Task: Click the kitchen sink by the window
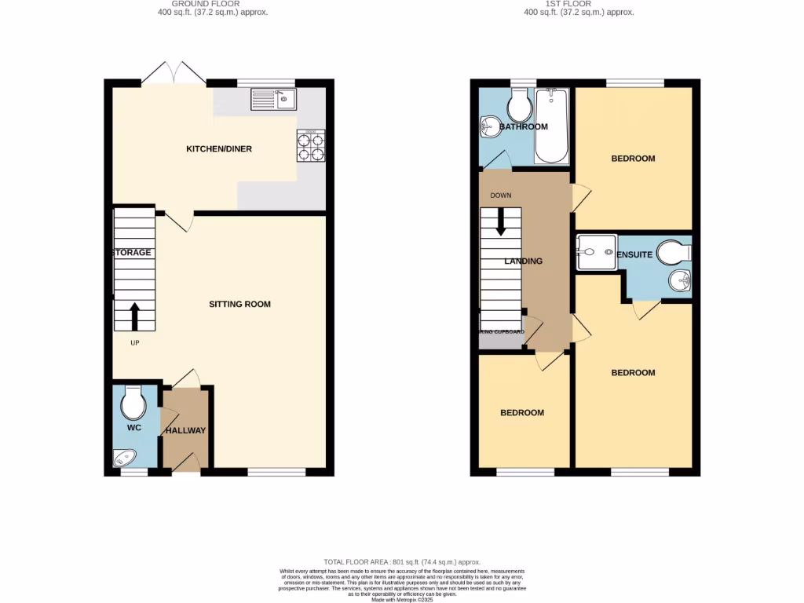tap(272, 100)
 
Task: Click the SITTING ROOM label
tap(239, 304)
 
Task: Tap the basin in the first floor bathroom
tap(489, 126)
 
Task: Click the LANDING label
tap(523, 261)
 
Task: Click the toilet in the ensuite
tap(672, 252)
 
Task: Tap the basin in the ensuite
tap(680, 280)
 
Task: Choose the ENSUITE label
tap(635, 255)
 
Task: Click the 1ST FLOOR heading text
tap(579, 4)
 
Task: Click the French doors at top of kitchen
tap(174, 73)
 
